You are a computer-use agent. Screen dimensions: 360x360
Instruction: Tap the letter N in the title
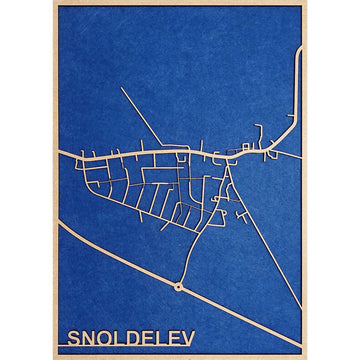coord(92,331)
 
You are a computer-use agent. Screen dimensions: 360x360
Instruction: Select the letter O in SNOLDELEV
coord(113,331)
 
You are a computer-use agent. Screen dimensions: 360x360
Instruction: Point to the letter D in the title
coord(148,331)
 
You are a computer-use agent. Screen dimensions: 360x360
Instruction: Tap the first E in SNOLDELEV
coord(167,331)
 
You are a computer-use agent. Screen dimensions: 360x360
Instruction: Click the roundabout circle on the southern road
coord(178,286)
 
